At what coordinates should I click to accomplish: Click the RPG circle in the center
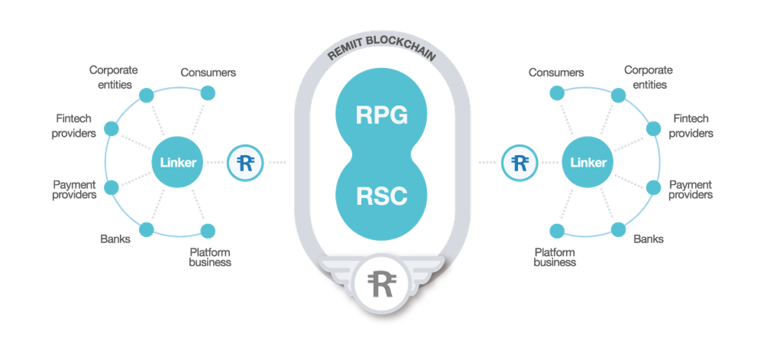click(x=381, y=115)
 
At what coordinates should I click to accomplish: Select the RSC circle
click(x=381, y=196)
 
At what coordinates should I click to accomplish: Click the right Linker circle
click(x=588, y=162)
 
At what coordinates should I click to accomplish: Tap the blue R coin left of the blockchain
click(x=245, y=162)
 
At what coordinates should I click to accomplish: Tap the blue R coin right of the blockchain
click(x=519, y=162)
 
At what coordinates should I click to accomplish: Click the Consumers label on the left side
click(x=208, y=73)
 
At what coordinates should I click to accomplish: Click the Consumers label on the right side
click(x=556, y=73)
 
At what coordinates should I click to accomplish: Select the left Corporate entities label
click(x=113, y=77)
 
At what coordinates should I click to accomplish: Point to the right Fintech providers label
click(x=691, y=126)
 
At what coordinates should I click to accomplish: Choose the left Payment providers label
click(x=75, y=189)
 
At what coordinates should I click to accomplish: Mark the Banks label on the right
click(x=648, y=239)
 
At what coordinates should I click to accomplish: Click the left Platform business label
click(x=210, y=257)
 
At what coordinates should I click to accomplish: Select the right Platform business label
click(x=555, y=257)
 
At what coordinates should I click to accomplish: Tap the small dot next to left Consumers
click(x=207, y=93)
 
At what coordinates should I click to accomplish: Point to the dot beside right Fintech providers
click(x=654, y=128)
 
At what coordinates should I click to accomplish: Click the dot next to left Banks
click(x=145, y=229)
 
